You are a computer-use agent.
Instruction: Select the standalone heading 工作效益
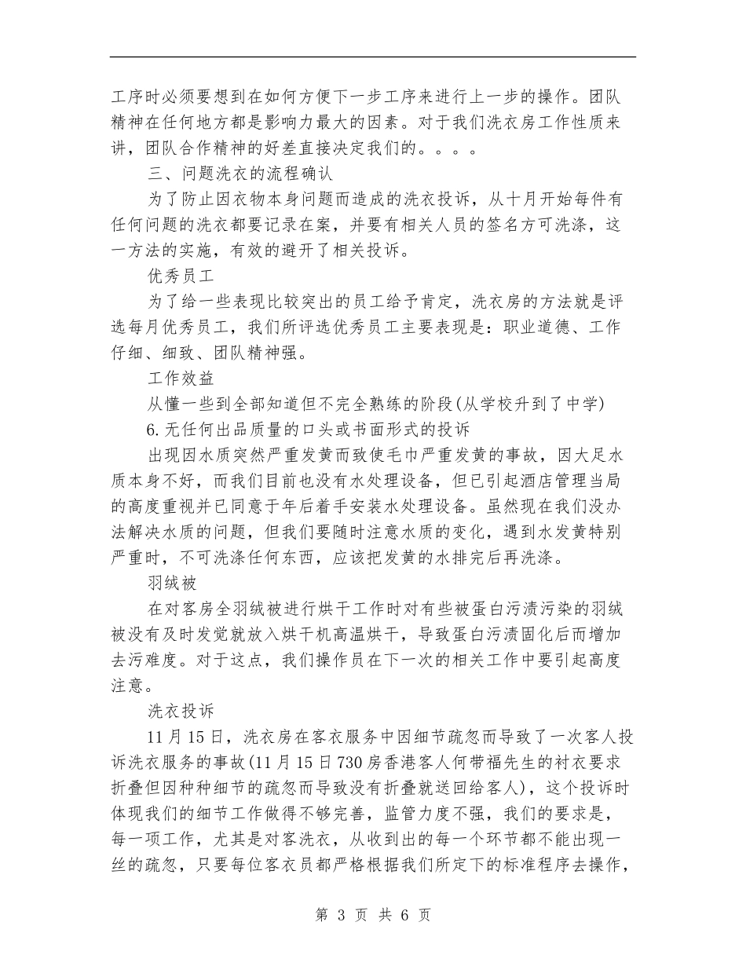coord(181,379)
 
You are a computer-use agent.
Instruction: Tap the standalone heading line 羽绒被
coord(171,584)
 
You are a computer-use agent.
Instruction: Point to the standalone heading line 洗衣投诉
coord(181,712)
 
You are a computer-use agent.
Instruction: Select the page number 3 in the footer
coord(341,915)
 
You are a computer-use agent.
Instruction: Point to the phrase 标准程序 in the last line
coord(547,865)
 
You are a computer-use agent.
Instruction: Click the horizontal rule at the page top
coord(372,57)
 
